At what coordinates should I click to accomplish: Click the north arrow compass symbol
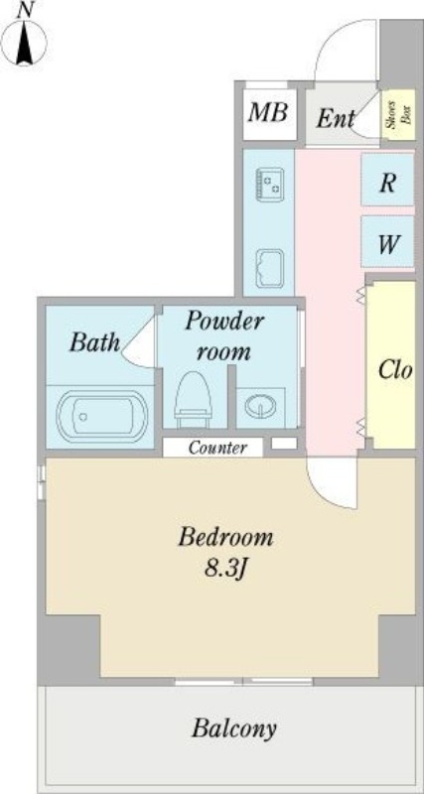click(24, 41)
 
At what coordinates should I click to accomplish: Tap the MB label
click(268, 112)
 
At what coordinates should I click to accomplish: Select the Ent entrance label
click(336, 119)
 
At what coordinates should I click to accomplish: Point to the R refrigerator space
click(387, 181)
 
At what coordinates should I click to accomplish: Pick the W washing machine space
click(387, 242)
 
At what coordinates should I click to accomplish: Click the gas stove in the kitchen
click(269, 185)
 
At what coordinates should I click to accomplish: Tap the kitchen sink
click(270, 268)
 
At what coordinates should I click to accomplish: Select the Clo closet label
click(395, 370)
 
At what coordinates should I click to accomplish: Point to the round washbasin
click(261, 405)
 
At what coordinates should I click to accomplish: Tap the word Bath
click(94, 342)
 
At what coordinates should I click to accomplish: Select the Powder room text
click(223, 336)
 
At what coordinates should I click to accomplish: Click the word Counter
click(217, 448)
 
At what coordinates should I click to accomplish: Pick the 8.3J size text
click(225, 569)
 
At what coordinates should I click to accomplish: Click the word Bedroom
click(225, 537)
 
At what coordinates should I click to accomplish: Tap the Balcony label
click(234, 728)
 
